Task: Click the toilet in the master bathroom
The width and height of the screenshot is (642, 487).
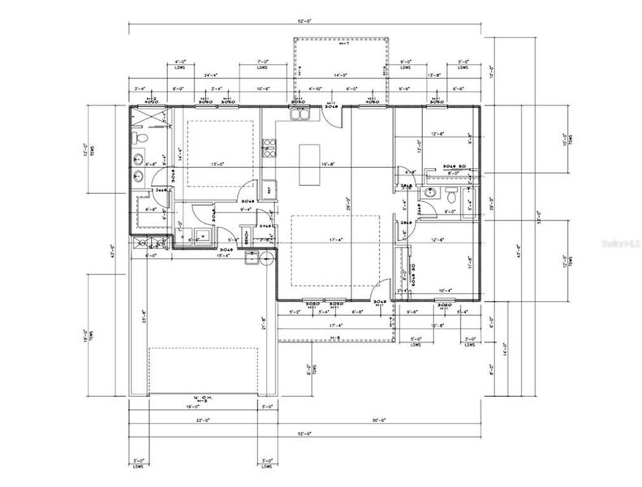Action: [140, 140]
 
